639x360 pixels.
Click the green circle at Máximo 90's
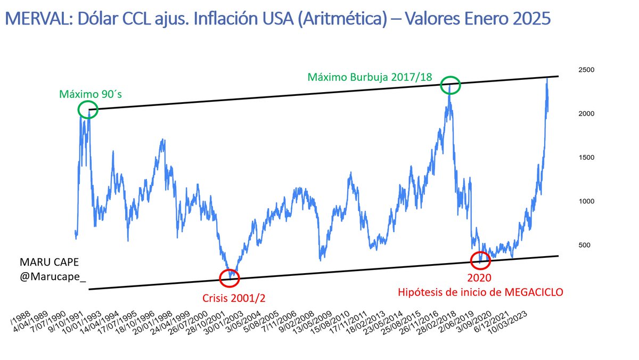(x=88, y=110)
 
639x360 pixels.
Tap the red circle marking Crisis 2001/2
(x=230, y=277)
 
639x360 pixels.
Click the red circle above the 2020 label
(x=481, y=260)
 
